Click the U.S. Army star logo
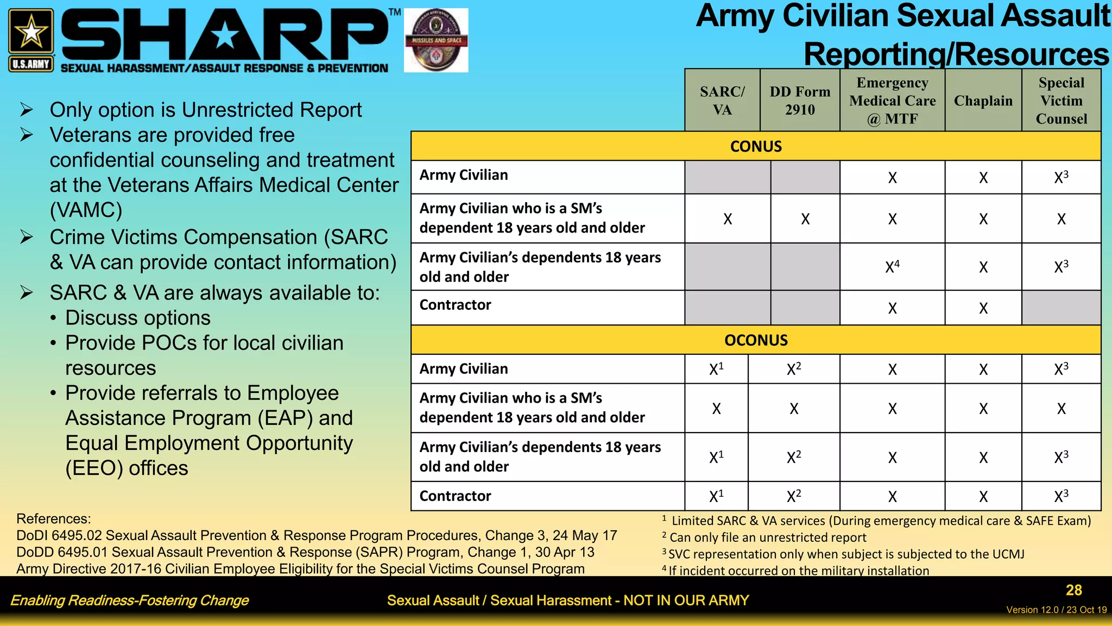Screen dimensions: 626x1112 coord(31,39)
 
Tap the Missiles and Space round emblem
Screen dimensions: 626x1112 coord(436,40)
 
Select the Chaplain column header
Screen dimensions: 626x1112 coord(983,101)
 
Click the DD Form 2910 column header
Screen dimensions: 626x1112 coord(800,101)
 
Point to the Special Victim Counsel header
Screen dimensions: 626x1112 coord(1061,101)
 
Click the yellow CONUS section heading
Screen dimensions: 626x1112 coord(756,146)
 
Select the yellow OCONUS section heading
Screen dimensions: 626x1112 coord(756,340)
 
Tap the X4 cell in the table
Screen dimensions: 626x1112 coord(892,267)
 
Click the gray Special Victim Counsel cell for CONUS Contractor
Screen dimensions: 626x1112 coord(1061,308)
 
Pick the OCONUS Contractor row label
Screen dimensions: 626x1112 coord(455,496)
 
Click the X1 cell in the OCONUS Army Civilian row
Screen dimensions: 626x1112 coord(716,369)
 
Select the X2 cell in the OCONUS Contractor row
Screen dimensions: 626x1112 coord(794,496)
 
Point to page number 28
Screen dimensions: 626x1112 coord(1073,590)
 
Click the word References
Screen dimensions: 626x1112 coord(53,519)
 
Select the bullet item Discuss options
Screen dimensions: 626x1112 coord(137,318)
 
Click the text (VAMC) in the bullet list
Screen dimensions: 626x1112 coord(86,210)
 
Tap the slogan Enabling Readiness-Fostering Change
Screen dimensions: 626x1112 coord(129,600)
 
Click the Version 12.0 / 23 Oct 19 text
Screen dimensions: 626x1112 coord(1056,610)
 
